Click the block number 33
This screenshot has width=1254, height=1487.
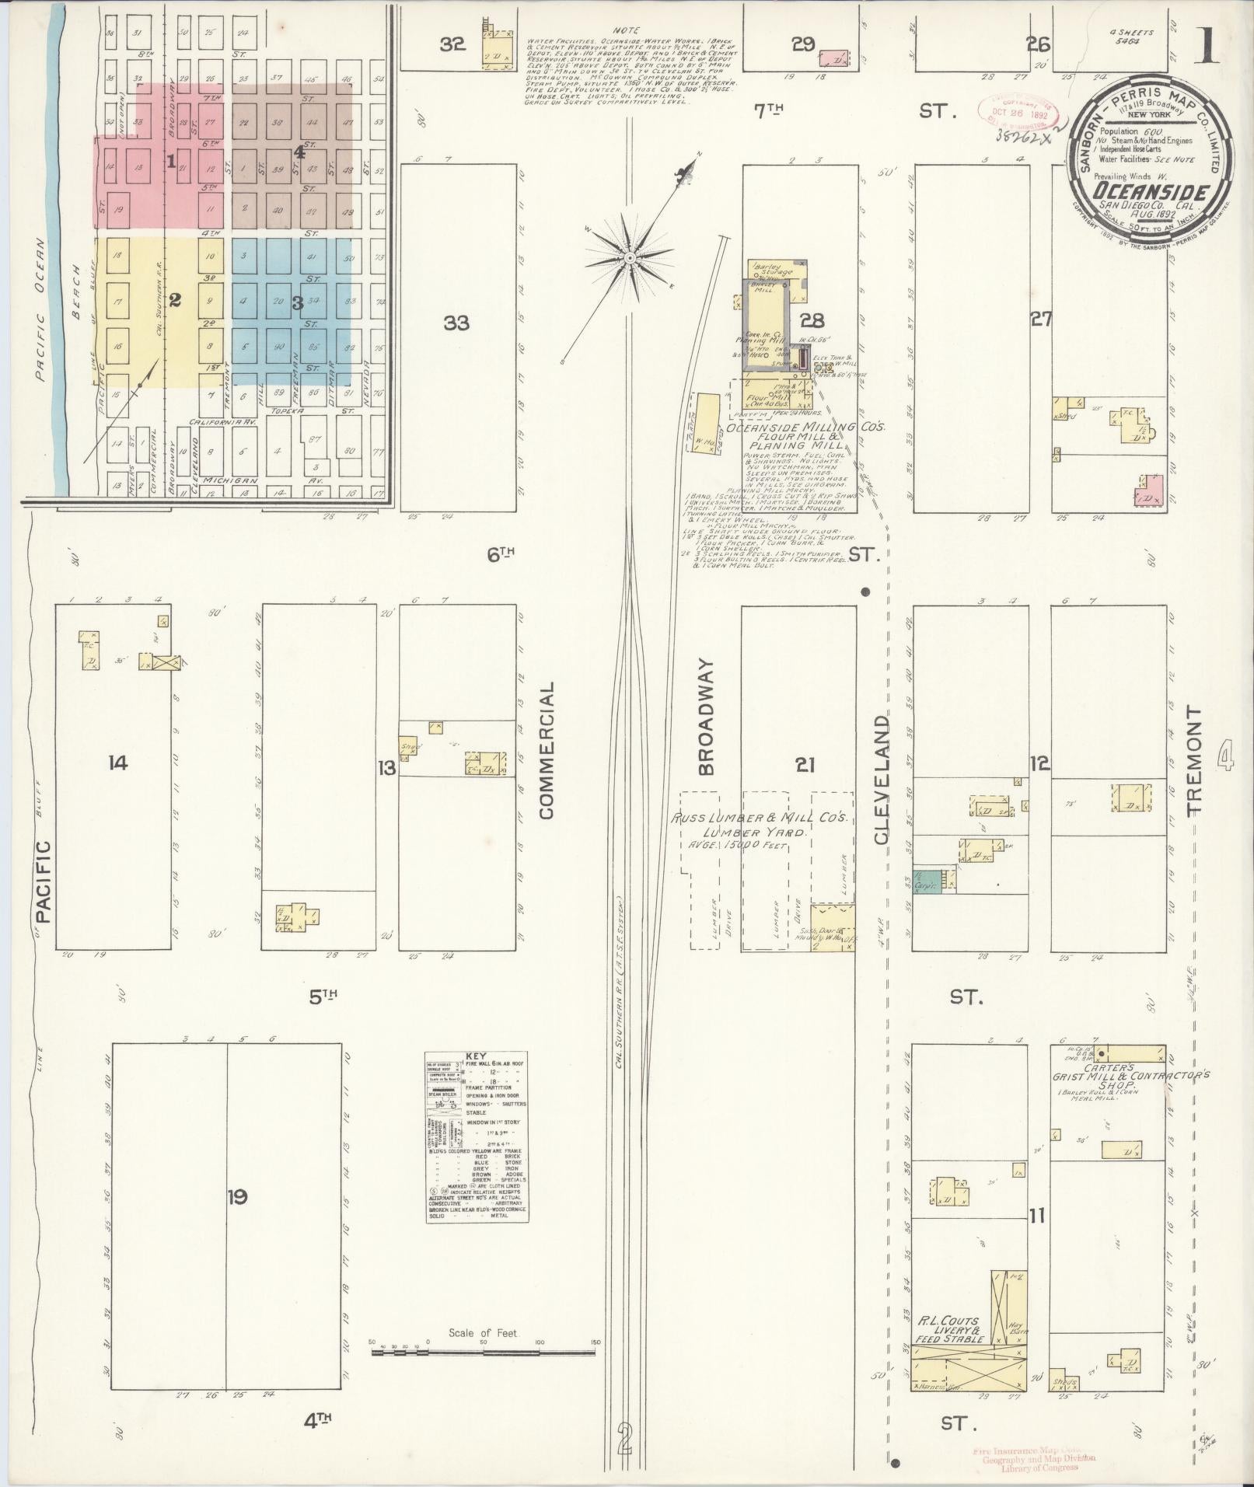coord(456,323)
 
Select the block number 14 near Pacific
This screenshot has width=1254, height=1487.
coord(117,764)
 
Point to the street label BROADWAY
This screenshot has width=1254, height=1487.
coord(705,716)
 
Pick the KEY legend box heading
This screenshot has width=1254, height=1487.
coord(475,1056)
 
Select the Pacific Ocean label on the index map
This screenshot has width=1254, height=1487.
coord(40,309)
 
